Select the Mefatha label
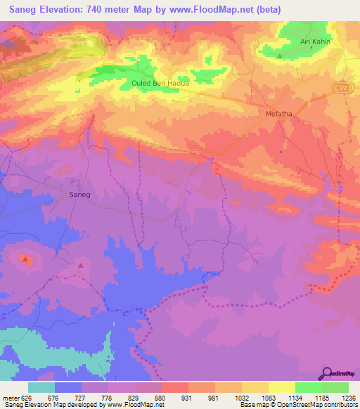[278, 112]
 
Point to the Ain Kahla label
[314, 41]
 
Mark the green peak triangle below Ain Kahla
[280, 56]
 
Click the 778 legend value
[108, 397]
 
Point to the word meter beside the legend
[10, 397]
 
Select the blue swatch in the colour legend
[67, 387]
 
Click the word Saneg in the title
[26, 10]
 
